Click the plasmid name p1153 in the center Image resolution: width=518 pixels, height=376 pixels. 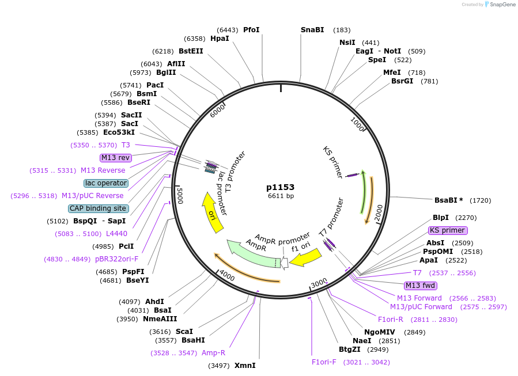(281, 187)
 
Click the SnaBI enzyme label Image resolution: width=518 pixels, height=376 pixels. (312, 30)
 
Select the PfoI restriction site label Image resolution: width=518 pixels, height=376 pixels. (251, 30)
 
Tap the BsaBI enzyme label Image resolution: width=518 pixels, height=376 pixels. (446, 200)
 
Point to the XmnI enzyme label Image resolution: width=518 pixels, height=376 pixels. (245, 365)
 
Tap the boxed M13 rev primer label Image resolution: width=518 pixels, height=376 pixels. (116, 158)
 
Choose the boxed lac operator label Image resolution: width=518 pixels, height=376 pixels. (106, 183)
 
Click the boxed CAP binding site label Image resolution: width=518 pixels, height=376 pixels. (98, 208)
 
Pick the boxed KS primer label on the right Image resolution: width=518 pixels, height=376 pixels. (447, 230)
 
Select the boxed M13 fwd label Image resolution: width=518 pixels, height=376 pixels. (421, 286)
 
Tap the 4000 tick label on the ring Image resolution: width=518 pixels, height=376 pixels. (227, 276)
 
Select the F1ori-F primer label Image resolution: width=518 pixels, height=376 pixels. (324, 362)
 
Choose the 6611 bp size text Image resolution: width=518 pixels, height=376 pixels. (281, 196)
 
